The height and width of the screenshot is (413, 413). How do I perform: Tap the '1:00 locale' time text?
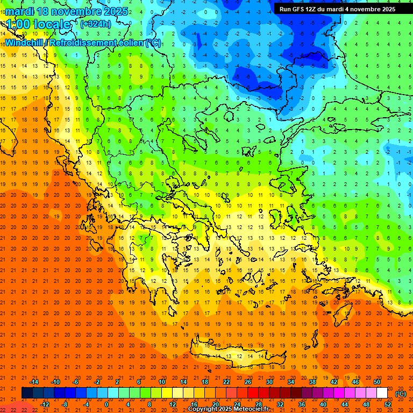tap(38, 24)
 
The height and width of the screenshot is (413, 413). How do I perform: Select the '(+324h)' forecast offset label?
tap(96, 24)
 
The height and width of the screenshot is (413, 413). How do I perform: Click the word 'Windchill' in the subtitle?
tap(25, 42)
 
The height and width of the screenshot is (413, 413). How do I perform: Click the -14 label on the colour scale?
tap(34, 382)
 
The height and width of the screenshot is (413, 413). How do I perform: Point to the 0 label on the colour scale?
tap(106, 404)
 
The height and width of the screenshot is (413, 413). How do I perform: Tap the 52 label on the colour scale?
tap(388, 404)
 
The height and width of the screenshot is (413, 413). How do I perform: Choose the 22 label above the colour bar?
tap(226, 382)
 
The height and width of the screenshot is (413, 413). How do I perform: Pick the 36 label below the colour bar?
tap(302, 404)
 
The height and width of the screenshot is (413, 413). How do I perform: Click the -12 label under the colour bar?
tap(45, 404)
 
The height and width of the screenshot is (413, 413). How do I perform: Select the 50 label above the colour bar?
tap(377, 382)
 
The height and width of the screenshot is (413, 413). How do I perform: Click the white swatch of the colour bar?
tap(382, 393)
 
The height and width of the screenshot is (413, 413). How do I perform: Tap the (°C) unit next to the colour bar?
tap(401, 394)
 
